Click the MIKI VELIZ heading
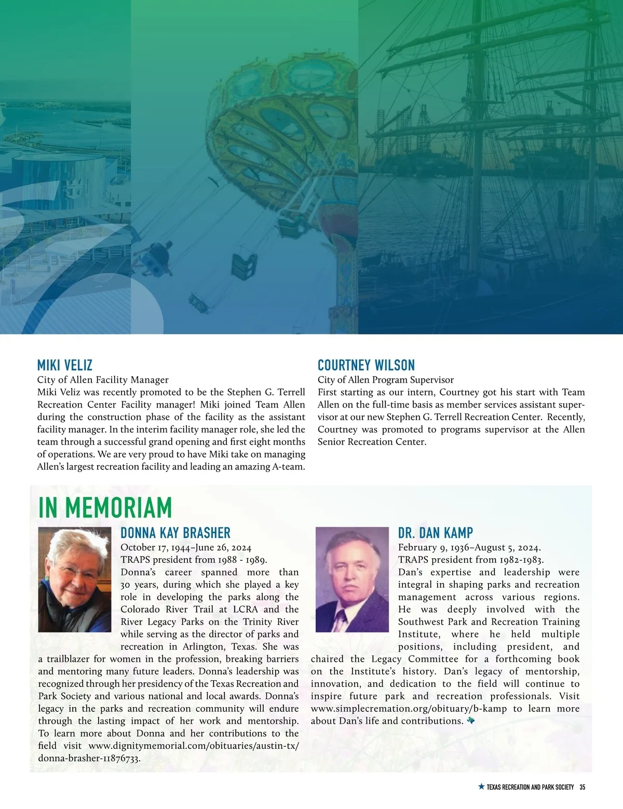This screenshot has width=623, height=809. click(x=64, y=365)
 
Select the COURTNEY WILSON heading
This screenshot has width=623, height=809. click(x=366, y=365)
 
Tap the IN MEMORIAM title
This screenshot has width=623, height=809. click(x=105, y=507)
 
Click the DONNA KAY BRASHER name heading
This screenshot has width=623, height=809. click(x=175, y=533)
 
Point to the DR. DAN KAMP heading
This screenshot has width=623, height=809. click(x=435, y=533)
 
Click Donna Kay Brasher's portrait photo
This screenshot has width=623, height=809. click(x=74, y=579)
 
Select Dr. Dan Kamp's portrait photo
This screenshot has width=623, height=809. click(x=352, y=579)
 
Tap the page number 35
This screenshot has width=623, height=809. click(x=582, y=787)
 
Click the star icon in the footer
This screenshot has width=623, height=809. click(x=481, y=787)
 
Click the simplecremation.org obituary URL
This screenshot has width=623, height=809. click(x=409, y=709)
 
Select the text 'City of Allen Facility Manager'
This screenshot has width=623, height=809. click(x=103, y=380)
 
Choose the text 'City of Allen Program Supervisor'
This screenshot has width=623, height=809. click(x=385, y=380)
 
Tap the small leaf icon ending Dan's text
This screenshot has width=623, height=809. click(x=471, y=721)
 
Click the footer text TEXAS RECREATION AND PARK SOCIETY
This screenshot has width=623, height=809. click(x=530, y=787)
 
